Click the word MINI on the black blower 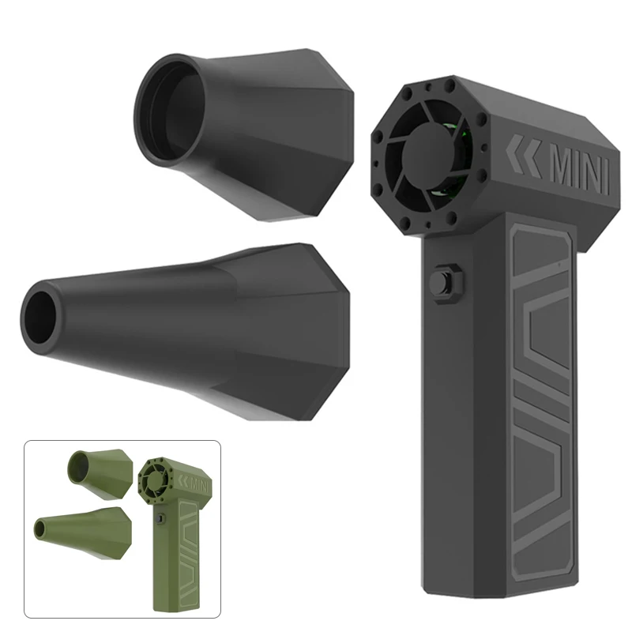[x=580, y=172]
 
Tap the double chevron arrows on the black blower [x=523, y=156]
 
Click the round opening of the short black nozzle [x=169, y=111]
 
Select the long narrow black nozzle [x=186, y=331]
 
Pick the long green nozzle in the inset [x=84, y=532]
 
